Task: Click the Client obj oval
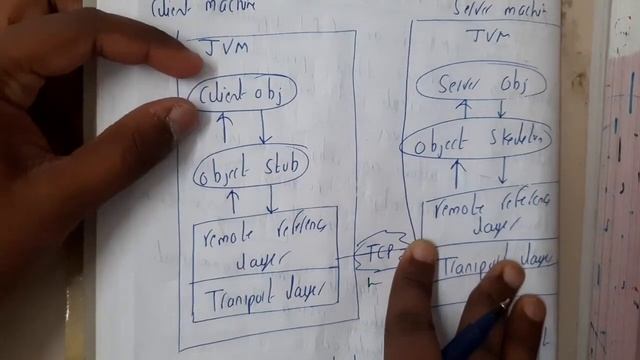240,94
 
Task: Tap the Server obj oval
484,84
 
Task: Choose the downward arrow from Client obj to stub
264,128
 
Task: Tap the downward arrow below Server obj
501,108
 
